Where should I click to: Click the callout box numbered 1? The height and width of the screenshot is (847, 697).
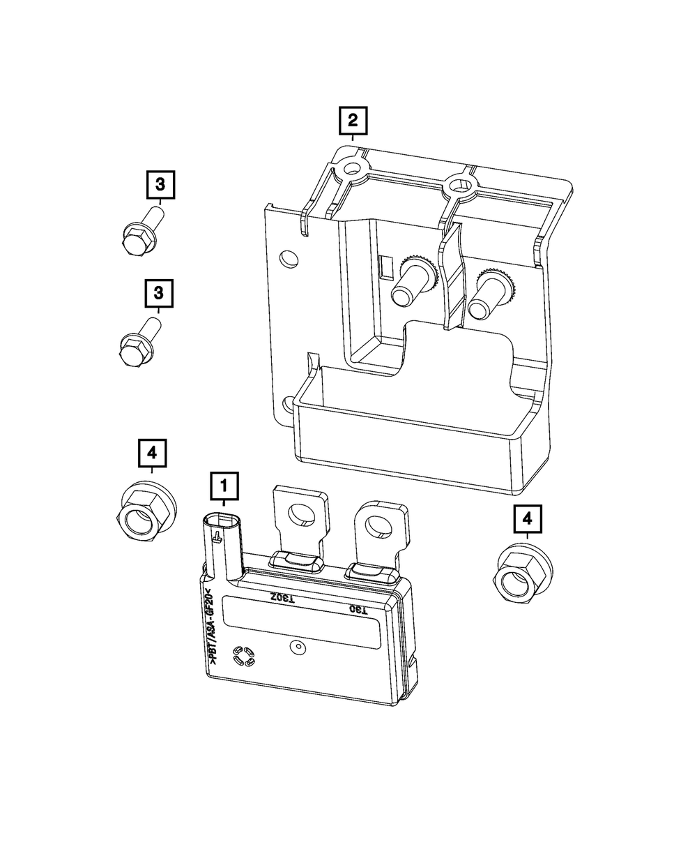coord(224,486)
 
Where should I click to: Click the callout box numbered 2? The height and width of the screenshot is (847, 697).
coord(353,121)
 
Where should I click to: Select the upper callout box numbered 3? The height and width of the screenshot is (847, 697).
coord(160,185)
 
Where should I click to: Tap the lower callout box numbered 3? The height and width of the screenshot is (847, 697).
coord(159,293)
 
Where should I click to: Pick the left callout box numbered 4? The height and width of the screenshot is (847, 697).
coord(152,453)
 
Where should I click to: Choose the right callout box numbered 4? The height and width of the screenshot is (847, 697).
coord(528,519)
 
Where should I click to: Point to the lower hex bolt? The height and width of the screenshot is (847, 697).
coord(140,343)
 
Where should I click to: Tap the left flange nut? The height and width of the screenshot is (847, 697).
coord(146,511)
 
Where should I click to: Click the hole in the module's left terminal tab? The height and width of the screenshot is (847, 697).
coord(301,514)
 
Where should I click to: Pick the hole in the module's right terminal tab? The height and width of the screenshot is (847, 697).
coord(379,527)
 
